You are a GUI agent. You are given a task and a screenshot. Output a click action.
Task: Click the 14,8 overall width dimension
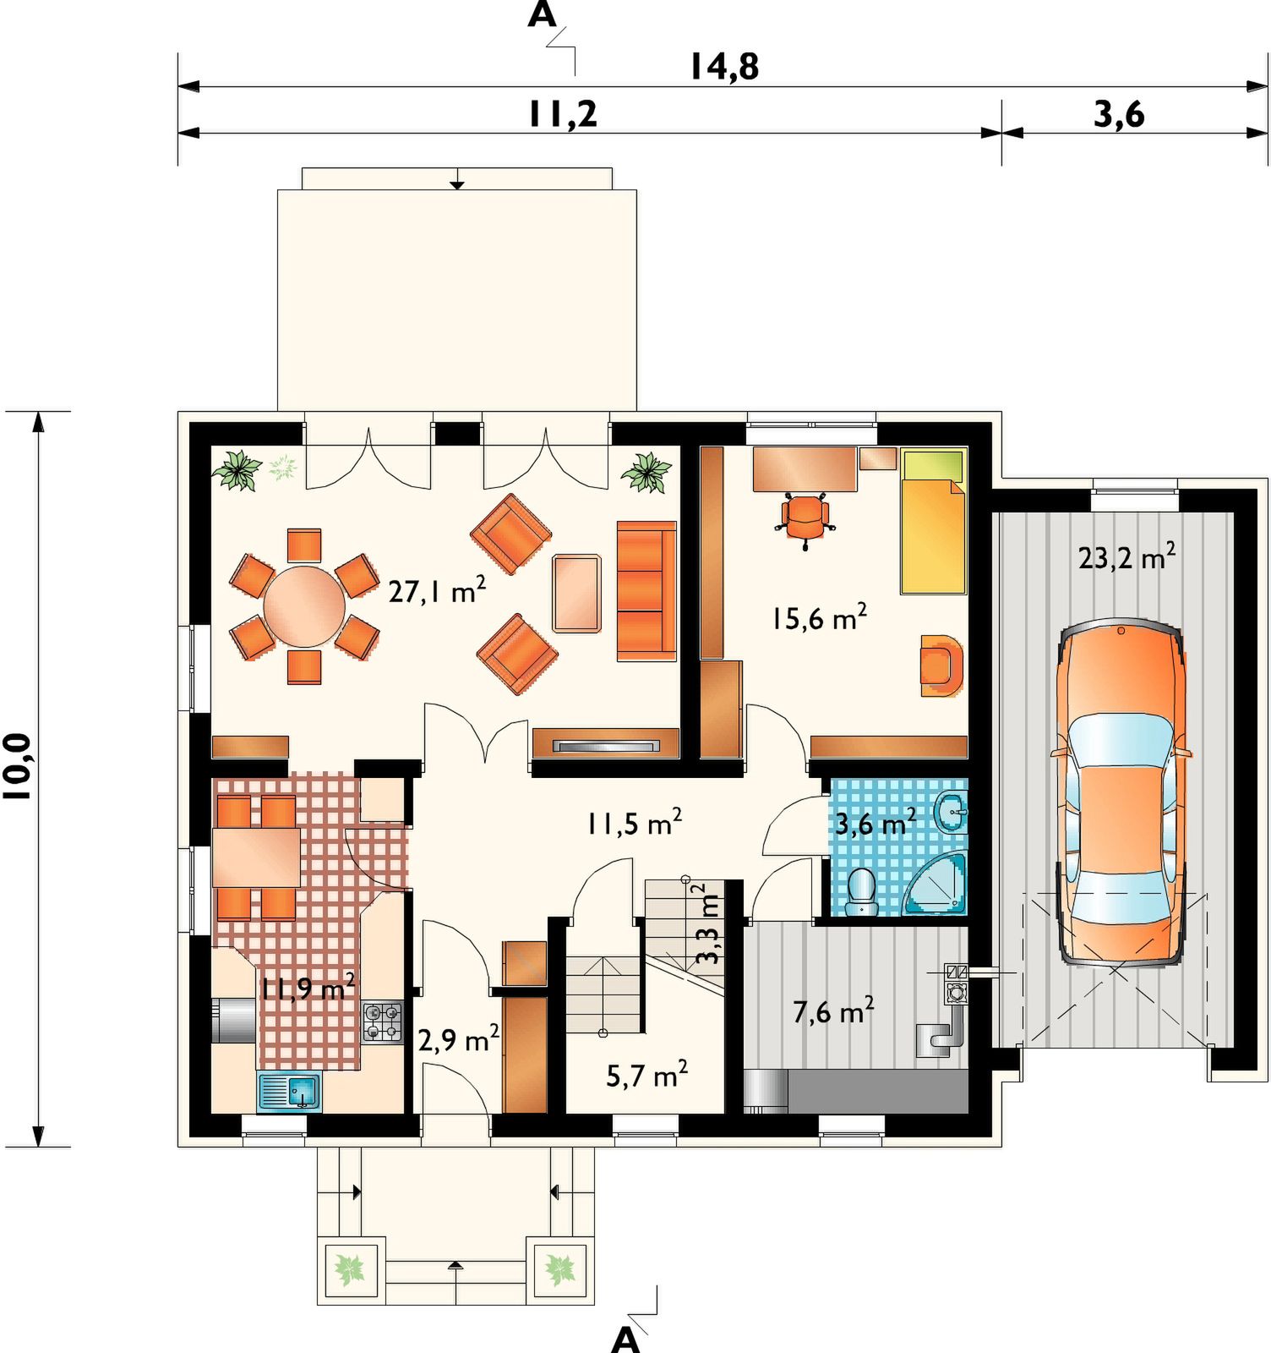pos(724,67)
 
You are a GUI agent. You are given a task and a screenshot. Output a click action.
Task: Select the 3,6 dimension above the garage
pos(1119,114)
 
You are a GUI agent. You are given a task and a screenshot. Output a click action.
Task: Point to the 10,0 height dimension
pos(18,766)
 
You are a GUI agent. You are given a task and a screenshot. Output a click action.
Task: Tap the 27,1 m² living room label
pos(437,589)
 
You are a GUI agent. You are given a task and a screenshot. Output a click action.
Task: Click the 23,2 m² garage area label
pos(1126,557)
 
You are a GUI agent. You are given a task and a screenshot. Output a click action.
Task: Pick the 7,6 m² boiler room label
pos(833,1011)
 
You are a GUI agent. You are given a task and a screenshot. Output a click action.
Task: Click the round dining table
pos(304,606)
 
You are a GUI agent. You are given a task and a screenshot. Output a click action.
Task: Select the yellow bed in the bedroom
pos(933,522)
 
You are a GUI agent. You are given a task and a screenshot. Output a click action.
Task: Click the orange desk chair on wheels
pos(805,518)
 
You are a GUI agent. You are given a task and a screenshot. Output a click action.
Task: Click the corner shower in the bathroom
pos(937,885)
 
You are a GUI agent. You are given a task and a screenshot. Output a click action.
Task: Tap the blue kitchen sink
pos(289,1091)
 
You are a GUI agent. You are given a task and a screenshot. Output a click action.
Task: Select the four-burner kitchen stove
pos(383,1022)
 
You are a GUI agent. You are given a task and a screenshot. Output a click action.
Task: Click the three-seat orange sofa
pos(646,590)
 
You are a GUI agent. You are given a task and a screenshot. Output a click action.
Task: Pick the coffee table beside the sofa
pos(577,594)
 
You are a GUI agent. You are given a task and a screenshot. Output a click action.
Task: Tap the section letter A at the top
pos(542,14)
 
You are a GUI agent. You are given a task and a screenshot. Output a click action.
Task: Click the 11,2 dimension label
pos(563,114)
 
